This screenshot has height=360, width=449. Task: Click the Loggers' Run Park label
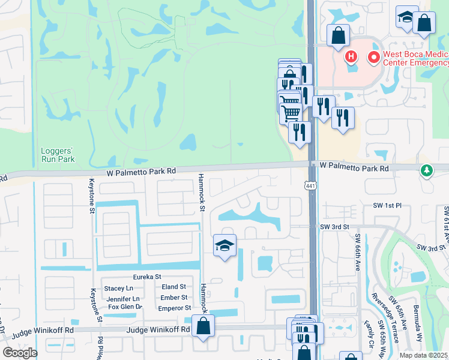click(x=58, y=155)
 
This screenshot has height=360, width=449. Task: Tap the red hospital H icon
click(x=351, y=58)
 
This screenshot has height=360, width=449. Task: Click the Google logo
click(x=20, y=353)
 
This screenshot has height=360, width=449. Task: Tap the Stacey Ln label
click(x=118, y=288)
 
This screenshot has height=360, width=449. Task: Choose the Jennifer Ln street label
click(x=124, y=298)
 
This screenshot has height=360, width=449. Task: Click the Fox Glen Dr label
click(x=125, y=307)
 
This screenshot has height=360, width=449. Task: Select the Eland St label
click(x=174, y=287)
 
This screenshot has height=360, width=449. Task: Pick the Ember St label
click(x=174, y=298)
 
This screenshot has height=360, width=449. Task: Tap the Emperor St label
click(x=174, y=308)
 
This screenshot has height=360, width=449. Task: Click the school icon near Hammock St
click(x=224, y=245)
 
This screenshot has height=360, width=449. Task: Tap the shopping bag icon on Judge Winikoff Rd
click(x=203, y=327)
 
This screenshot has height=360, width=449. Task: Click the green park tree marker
click(x=427, y=171)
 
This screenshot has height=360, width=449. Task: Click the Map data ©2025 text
click(x=423, y=355)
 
